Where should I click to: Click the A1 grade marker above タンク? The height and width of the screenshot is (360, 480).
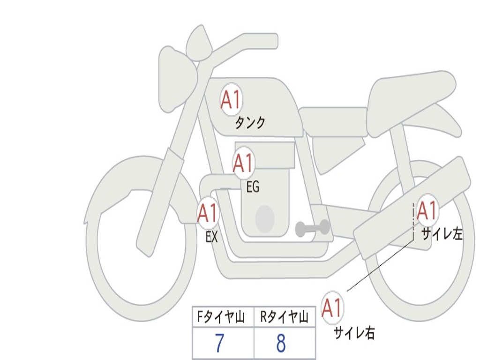pos(231,100)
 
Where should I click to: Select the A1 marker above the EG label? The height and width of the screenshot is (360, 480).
pos(244,163)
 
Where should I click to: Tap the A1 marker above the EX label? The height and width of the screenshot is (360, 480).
pos(208,214)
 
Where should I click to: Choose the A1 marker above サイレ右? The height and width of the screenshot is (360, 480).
pos(332,308)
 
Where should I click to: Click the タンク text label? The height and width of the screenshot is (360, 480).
pos(250,123)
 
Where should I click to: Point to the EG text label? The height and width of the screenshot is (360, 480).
pos(253,187)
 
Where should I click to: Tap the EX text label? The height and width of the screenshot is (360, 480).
pos(212,237)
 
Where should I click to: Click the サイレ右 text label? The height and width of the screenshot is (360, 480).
pos(354,333)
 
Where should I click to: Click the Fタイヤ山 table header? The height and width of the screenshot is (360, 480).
pos(223,318)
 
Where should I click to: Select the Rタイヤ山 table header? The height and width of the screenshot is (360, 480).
pos(284,318)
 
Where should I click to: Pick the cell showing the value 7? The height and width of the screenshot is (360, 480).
pos(223,344)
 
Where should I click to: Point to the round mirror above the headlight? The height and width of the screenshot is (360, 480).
pos(199,44)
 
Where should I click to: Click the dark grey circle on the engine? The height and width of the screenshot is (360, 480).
pos(264,218)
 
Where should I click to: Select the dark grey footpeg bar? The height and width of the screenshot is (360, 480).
pos(312,228)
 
